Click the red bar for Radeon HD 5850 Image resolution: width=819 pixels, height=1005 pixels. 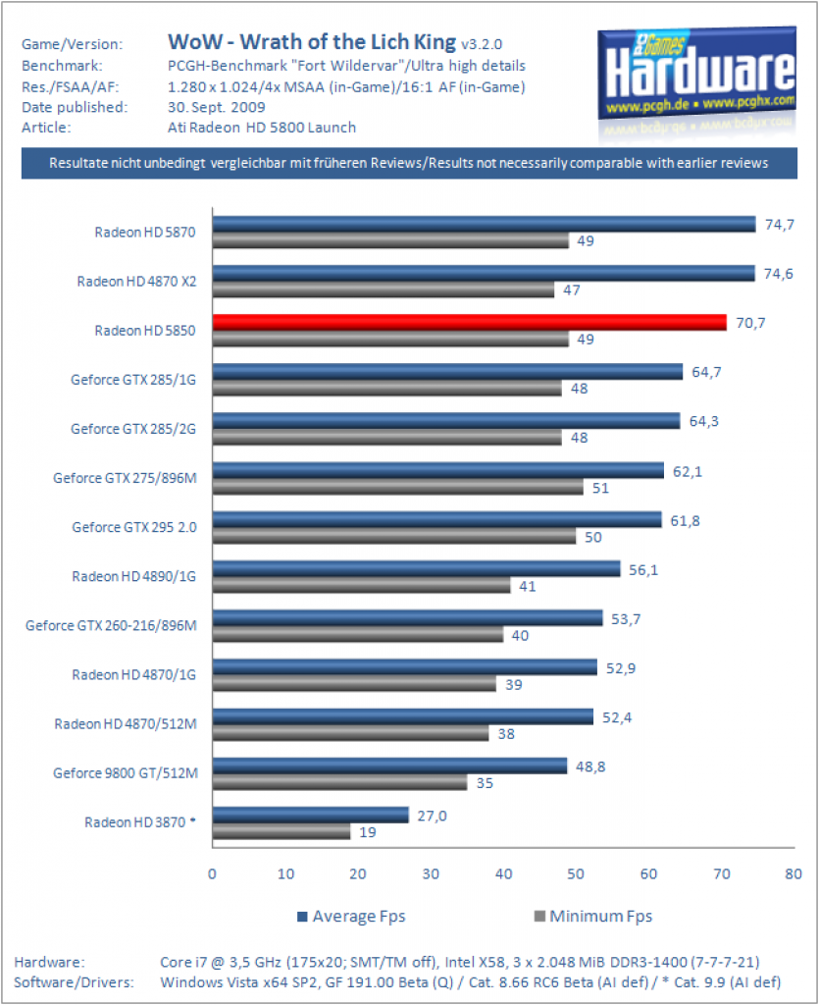pyautogui.click(x=470, y=322)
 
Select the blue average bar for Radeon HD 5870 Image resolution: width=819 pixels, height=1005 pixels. pyautogui.click(x=485, y=224)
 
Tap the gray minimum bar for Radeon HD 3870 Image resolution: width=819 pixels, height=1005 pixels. pyautogui.click(x=282, y=832)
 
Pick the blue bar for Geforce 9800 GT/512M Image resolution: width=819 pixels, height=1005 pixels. pyautogui.click(x=389, y=766)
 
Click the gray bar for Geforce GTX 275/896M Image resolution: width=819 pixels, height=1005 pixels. pyautogui.click(x=397, y=487)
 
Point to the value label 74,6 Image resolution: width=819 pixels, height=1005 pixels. pyautogui.click(x=778, y=274)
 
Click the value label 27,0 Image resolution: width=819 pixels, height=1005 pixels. pyautogui.click(x=432, y=816)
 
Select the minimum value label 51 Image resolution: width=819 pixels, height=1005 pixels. pyautogui.click(x=600, y=488)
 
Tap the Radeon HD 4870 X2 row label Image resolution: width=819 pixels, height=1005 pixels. pyautogui.click(x=136, y=282)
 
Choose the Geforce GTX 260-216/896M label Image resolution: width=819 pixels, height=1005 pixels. pyautogui.click(x=111, y=625)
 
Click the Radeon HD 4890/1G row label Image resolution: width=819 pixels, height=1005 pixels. pyautogui.click(x=133, y=576)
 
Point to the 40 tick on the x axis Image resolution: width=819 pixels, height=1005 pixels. pyautogui.click(x=503, y=873)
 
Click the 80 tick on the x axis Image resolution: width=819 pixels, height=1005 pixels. pyautogui.click(x=793, y=873)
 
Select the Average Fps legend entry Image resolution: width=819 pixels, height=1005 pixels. pyautogui.click(x=351, y=917)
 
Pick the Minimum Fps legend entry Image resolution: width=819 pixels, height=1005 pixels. pyautogui.click(x=593, y=917)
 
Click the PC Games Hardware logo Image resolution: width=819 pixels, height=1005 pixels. pyautogui.click(x=697, y=79)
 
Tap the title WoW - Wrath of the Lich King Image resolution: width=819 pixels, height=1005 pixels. pyautogui.click(x=312, y=41)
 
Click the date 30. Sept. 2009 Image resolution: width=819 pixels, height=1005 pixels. pyautogui.click(x=217, y=107)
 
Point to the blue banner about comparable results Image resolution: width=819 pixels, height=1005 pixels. pyautogui.click(x=409, y=163)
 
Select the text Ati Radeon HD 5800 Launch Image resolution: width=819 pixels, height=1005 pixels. pyautogui.click(x=262, y=128)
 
